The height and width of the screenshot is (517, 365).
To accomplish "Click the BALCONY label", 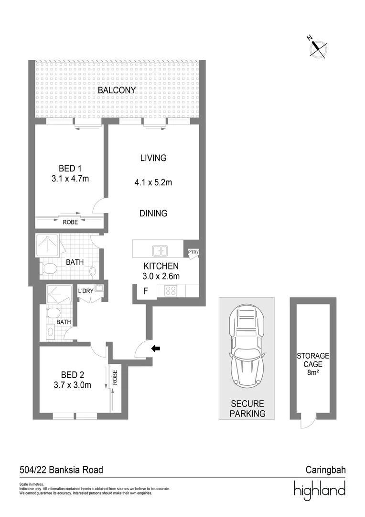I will click(x=117, y=90).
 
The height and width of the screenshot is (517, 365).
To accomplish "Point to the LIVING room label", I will click(x=153, y=158).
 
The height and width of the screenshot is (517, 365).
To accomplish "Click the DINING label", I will click(x=153, y=214).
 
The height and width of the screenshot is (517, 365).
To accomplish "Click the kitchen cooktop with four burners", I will click(x=171, y=290).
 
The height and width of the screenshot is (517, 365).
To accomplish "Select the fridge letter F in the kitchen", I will click(x=145, y=291).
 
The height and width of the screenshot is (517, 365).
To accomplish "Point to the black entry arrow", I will click(x=155, y=349).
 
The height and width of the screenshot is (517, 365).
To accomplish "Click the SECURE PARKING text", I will click(x=247, y=409).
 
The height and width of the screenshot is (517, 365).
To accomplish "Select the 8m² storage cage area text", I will click(x=313, y=371).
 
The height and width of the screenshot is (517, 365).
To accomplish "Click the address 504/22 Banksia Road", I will click(x=61, y=470).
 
